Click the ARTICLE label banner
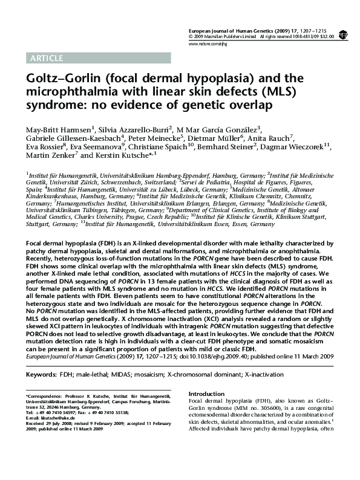(x=46, y=59)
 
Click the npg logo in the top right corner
(x=343, y=35)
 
